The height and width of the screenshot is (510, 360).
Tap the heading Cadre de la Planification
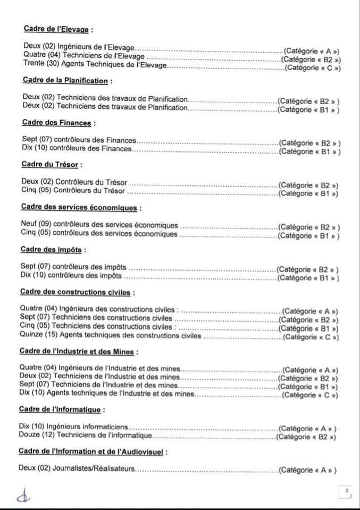pyautogui.click(x=66, y=80)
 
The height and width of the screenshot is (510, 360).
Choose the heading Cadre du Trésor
pyautogui.click(x=51, y=165)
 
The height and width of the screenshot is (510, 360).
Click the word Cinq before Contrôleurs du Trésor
pyautogui.click(x=29, y=190)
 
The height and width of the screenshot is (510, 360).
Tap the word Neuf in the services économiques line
pyautogui.click(x=29, y=225)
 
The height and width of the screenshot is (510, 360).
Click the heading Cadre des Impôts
pyautogui.click(x=52, y=249)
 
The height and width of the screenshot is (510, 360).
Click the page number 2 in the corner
pyautogui.click(x=346, y=491)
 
